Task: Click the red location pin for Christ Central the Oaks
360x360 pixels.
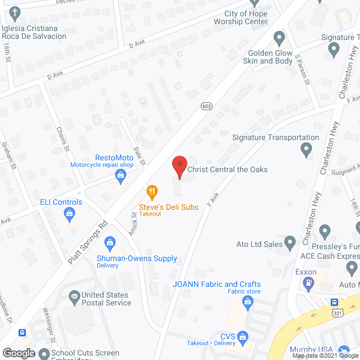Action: [x=179, y=166]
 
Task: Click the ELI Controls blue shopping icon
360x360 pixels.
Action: [x=69, y=213]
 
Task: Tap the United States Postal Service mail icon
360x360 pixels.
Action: [x=74, y=296]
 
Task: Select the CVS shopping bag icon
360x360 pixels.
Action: [x=243, y=338]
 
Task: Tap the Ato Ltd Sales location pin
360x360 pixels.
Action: [x=290, y=243]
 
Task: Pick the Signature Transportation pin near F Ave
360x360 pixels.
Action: [x=307, y=150]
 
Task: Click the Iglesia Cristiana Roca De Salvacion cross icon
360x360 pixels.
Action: [x=15, y=12]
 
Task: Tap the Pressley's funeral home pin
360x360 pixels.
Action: [x=325, y=231]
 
